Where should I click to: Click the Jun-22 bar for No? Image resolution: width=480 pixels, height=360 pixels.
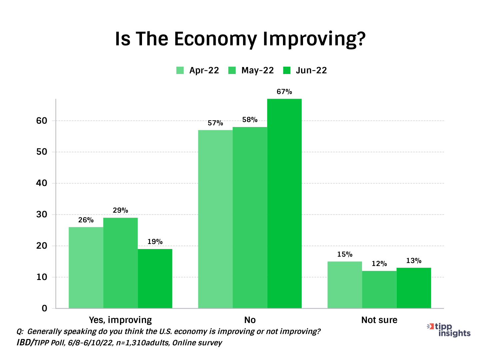(284, 203)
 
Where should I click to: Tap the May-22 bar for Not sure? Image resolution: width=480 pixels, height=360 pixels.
(379, 289)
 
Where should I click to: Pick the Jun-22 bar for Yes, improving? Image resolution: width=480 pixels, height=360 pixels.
(155, 278)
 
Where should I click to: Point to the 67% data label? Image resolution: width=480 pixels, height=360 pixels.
(284, 92)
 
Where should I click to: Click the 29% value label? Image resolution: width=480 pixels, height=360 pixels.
(120, 210)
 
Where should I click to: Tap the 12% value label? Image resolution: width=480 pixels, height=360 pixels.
(379, 264)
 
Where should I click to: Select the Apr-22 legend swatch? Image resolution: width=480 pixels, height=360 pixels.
(180, 70)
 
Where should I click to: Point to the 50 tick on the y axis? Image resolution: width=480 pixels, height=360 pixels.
(42, 152)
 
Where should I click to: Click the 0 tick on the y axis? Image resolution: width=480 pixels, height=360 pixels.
(45, 308)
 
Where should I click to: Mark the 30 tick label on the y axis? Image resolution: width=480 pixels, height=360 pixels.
(42, 214)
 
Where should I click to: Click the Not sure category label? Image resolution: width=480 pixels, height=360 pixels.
(379, 320)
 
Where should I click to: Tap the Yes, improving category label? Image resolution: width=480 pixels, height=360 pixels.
(120, 320)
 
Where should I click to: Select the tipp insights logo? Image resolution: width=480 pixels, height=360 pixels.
(450, 330)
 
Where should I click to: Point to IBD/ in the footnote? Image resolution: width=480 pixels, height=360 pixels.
(25, 343)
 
